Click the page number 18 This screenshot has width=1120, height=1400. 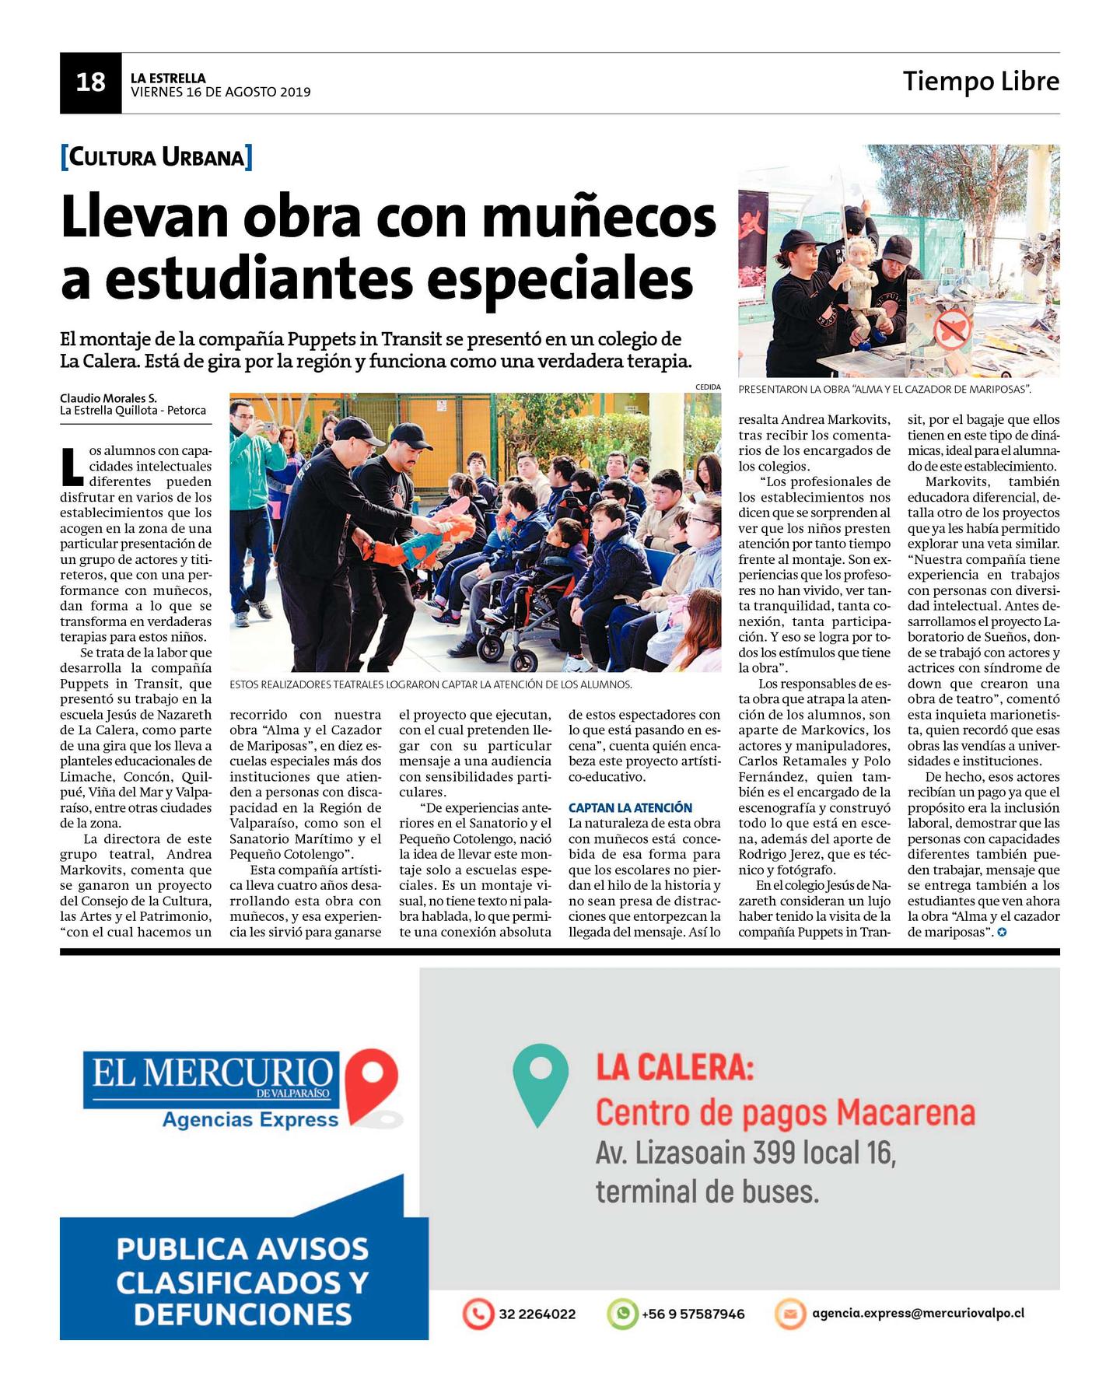pyautogui.click(x=90, y=82)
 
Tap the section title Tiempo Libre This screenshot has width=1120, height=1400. pyautogui.click(x=980, y=81)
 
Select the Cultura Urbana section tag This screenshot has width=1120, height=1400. pyautogui.click(x=156, y=157)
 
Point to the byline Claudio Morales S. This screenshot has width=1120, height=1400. pyautogui.click(x=108, y=398)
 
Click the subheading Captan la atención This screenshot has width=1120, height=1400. pyautogui.click(x=630, y=807)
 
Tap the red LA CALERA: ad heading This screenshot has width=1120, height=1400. pyautogui.click(x=674, y=1068)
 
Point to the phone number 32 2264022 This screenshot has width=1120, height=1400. pyautogui.click(x=537, y=1314)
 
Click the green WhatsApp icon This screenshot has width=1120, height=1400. pyautogui.click(x=622, y=1314)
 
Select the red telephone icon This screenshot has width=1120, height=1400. pyautogui.click(x=478, y=1314)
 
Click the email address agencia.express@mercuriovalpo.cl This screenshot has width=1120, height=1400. pyautogui.click(x=918, y=1313)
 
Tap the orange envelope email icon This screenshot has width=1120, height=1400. pyautogui.click(x=789, y=1314)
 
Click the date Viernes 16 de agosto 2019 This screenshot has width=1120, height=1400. pyautogui.click(x=220, y=93)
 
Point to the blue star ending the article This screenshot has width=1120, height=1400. pyautogui.click(x=1002, y=932)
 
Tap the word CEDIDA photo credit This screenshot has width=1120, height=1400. pyautogui.click(x=708, y=387)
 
